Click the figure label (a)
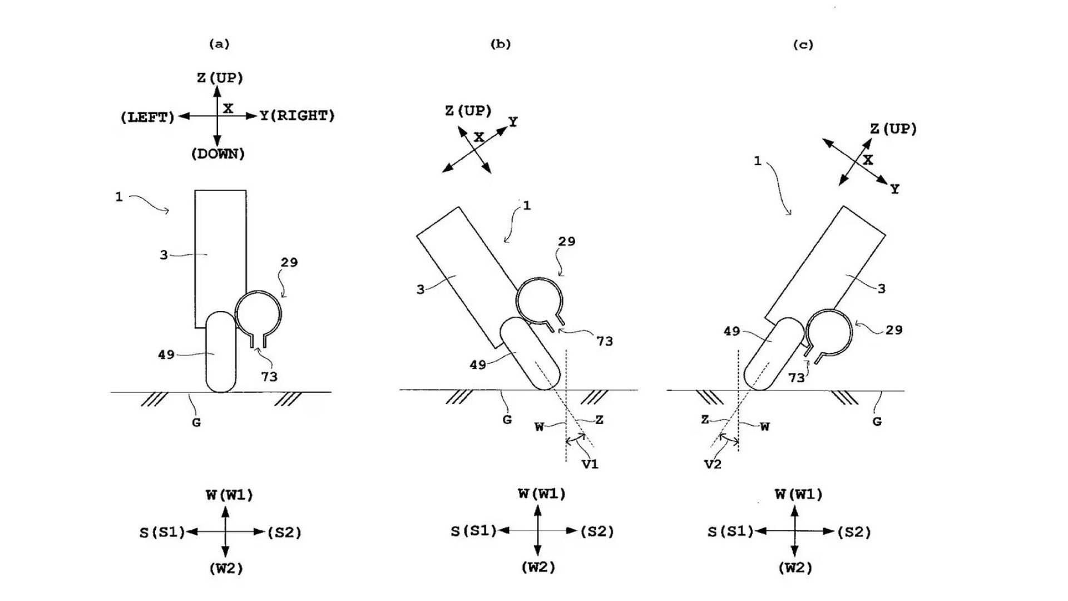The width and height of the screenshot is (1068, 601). coord(219,44)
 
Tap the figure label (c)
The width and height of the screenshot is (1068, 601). coord(803,45)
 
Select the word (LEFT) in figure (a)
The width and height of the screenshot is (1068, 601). coord(147,117)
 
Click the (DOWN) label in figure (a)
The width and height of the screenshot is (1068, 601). coord(217,154)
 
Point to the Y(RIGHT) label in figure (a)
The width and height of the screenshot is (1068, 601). coord(298,116)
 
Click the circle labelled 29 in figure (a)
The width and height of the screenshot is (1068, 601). coord(258,314)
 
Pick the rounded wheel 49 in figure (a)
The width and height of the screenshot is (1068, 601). coord(221,352)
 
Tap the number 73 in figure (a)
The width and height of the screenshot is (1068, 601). coord(269,377)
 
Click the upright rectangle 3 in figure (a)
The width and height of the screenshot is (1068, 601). coord(220,259)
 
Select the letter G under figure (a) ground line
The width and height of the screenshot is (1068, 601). coord(196,422)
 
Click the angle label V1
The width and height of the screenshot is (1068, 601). coord(590,464)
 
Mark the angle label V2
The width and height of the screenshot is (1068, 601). coord(713,464)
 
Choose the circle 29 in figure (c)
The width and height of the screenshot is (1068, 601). coord(829,332)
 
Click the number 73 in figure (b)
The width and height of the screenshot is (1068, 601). coord(605,341)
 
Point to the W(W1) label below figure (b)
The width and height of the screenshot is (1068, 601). coord(541,494)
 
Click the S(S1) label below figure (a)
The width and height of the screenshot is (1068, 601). coord(162,533)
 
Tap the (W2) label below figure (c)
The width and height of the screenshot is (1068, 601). coord(795,568)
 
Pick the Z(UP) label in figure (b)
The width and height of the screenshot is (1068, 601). coord(468,111)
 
